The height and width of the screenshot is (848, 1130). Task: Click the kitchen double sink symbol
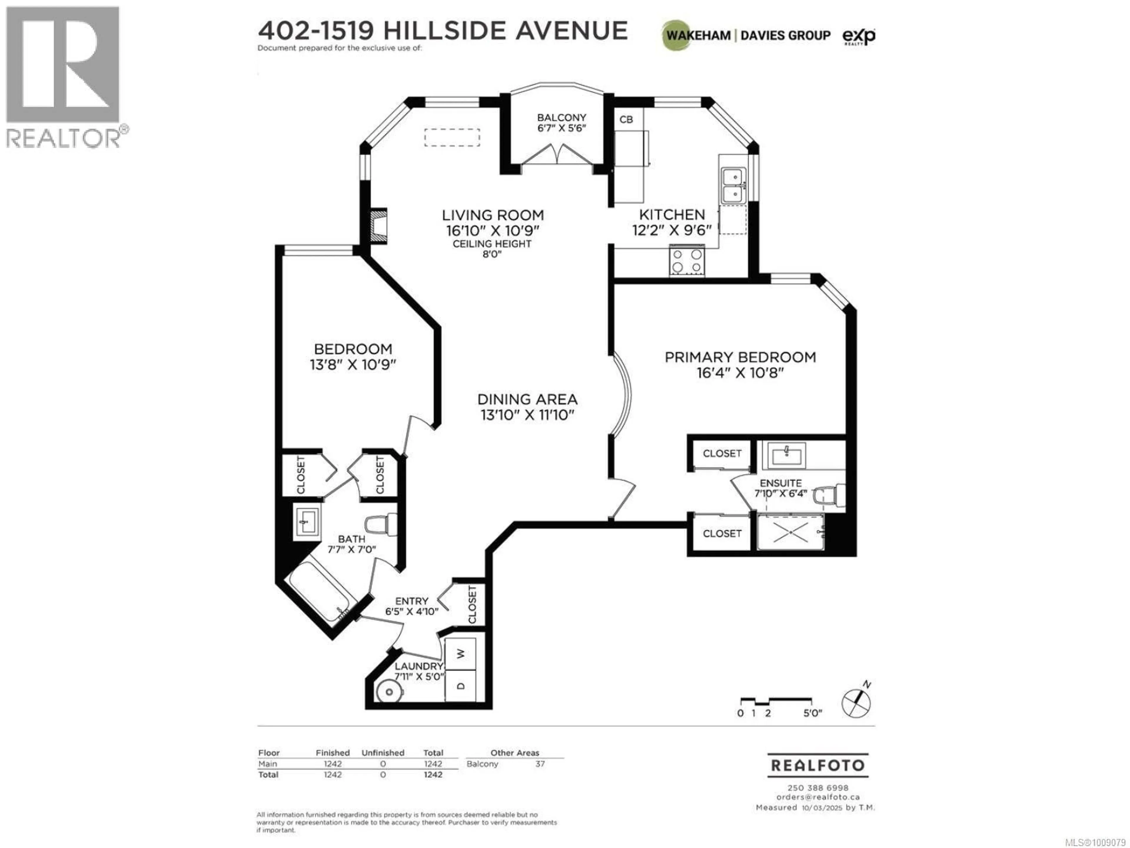[x=734, y=185]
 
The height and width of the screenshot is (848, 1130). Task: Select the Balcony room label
[x=561, y=117]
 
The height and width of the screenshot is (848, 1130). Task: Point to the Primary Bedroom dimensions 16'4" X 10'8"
[x=740, y=373]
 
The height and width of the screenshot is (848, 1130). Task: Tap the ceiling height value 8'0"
[x=492, y=254]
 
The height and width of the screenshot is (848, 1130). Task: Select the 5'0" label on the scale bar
[x=812, y=713]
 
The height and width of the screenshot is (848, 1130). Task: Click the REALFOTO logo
[x=817, y=765]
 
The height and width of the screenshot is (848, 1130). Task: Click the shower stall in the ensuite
[x=791, y=532]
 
